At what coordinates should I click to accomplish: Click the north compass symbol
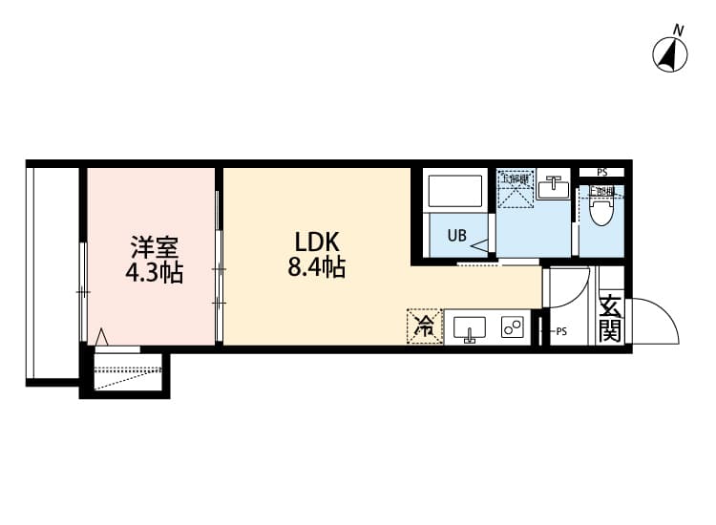[671, 53]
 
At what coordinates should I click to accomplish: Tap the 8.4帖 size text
[316, 268]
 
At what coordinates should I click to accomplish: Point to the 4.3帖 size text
[154, 274]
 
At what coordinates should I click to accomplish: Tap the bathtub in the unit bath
[456, 192]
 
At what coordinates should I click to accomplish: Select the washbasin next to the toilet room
[551, 188]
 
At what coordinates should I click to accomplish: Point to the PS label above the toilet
[601, 173]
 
